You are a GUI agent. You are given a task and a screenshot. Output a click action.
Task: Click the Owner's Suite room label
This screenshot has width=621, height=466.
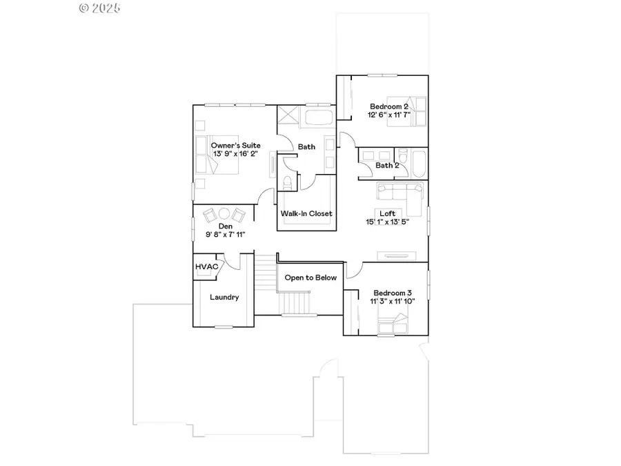tap(235, 145)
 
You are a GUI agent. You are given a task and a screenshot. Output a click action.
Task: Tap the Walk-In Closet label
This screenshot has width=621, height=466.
tap(306, 213)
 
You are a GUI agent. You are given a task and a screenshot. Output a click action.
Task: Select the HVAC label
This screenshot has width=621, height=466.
tap(206, 266)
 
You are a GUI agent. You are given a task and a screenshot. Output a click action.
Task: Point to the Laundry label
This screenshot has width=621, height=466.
tap(225, 298)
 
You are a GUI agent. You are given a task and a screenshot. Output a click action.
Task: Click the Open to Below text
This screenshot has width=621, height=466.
tap(310, 278)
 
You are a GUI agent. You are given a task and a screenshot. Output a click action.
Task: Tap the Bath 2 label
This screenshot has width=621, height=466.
tap(387, 166)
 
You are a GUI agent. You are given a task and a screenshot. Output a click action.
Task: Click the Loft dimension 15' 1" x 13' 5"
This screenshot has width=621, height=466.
tap(386, 222)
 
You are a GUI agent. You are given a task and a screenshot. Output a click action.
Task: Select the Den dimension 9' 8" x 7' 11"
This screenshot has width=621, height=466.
tap(226, 235)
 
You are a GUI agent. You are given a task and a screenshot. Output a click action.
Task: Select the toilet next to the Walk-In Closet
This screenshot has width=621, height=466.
tap(288, 182)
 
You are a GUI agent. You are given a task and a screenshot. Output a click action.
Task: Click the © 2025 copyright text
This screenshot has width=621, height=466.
tap(99, 8)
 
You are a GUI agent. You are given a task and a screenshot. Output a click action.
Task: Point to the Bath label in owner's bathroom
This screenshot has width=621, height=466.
tap(306, 146)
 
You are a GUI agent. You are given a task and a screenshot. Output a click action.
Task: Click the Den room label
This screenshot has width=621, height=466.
tap(226, 226)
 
